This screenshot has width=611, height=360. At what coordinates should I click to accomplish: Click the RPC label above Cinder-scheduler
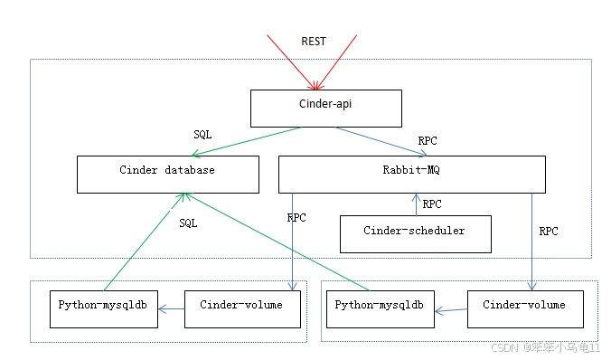(x=432, y=204)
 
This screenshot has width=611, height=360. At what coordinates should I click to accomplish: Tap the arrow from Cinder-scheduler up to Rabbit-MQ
(x=417, y=204)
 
